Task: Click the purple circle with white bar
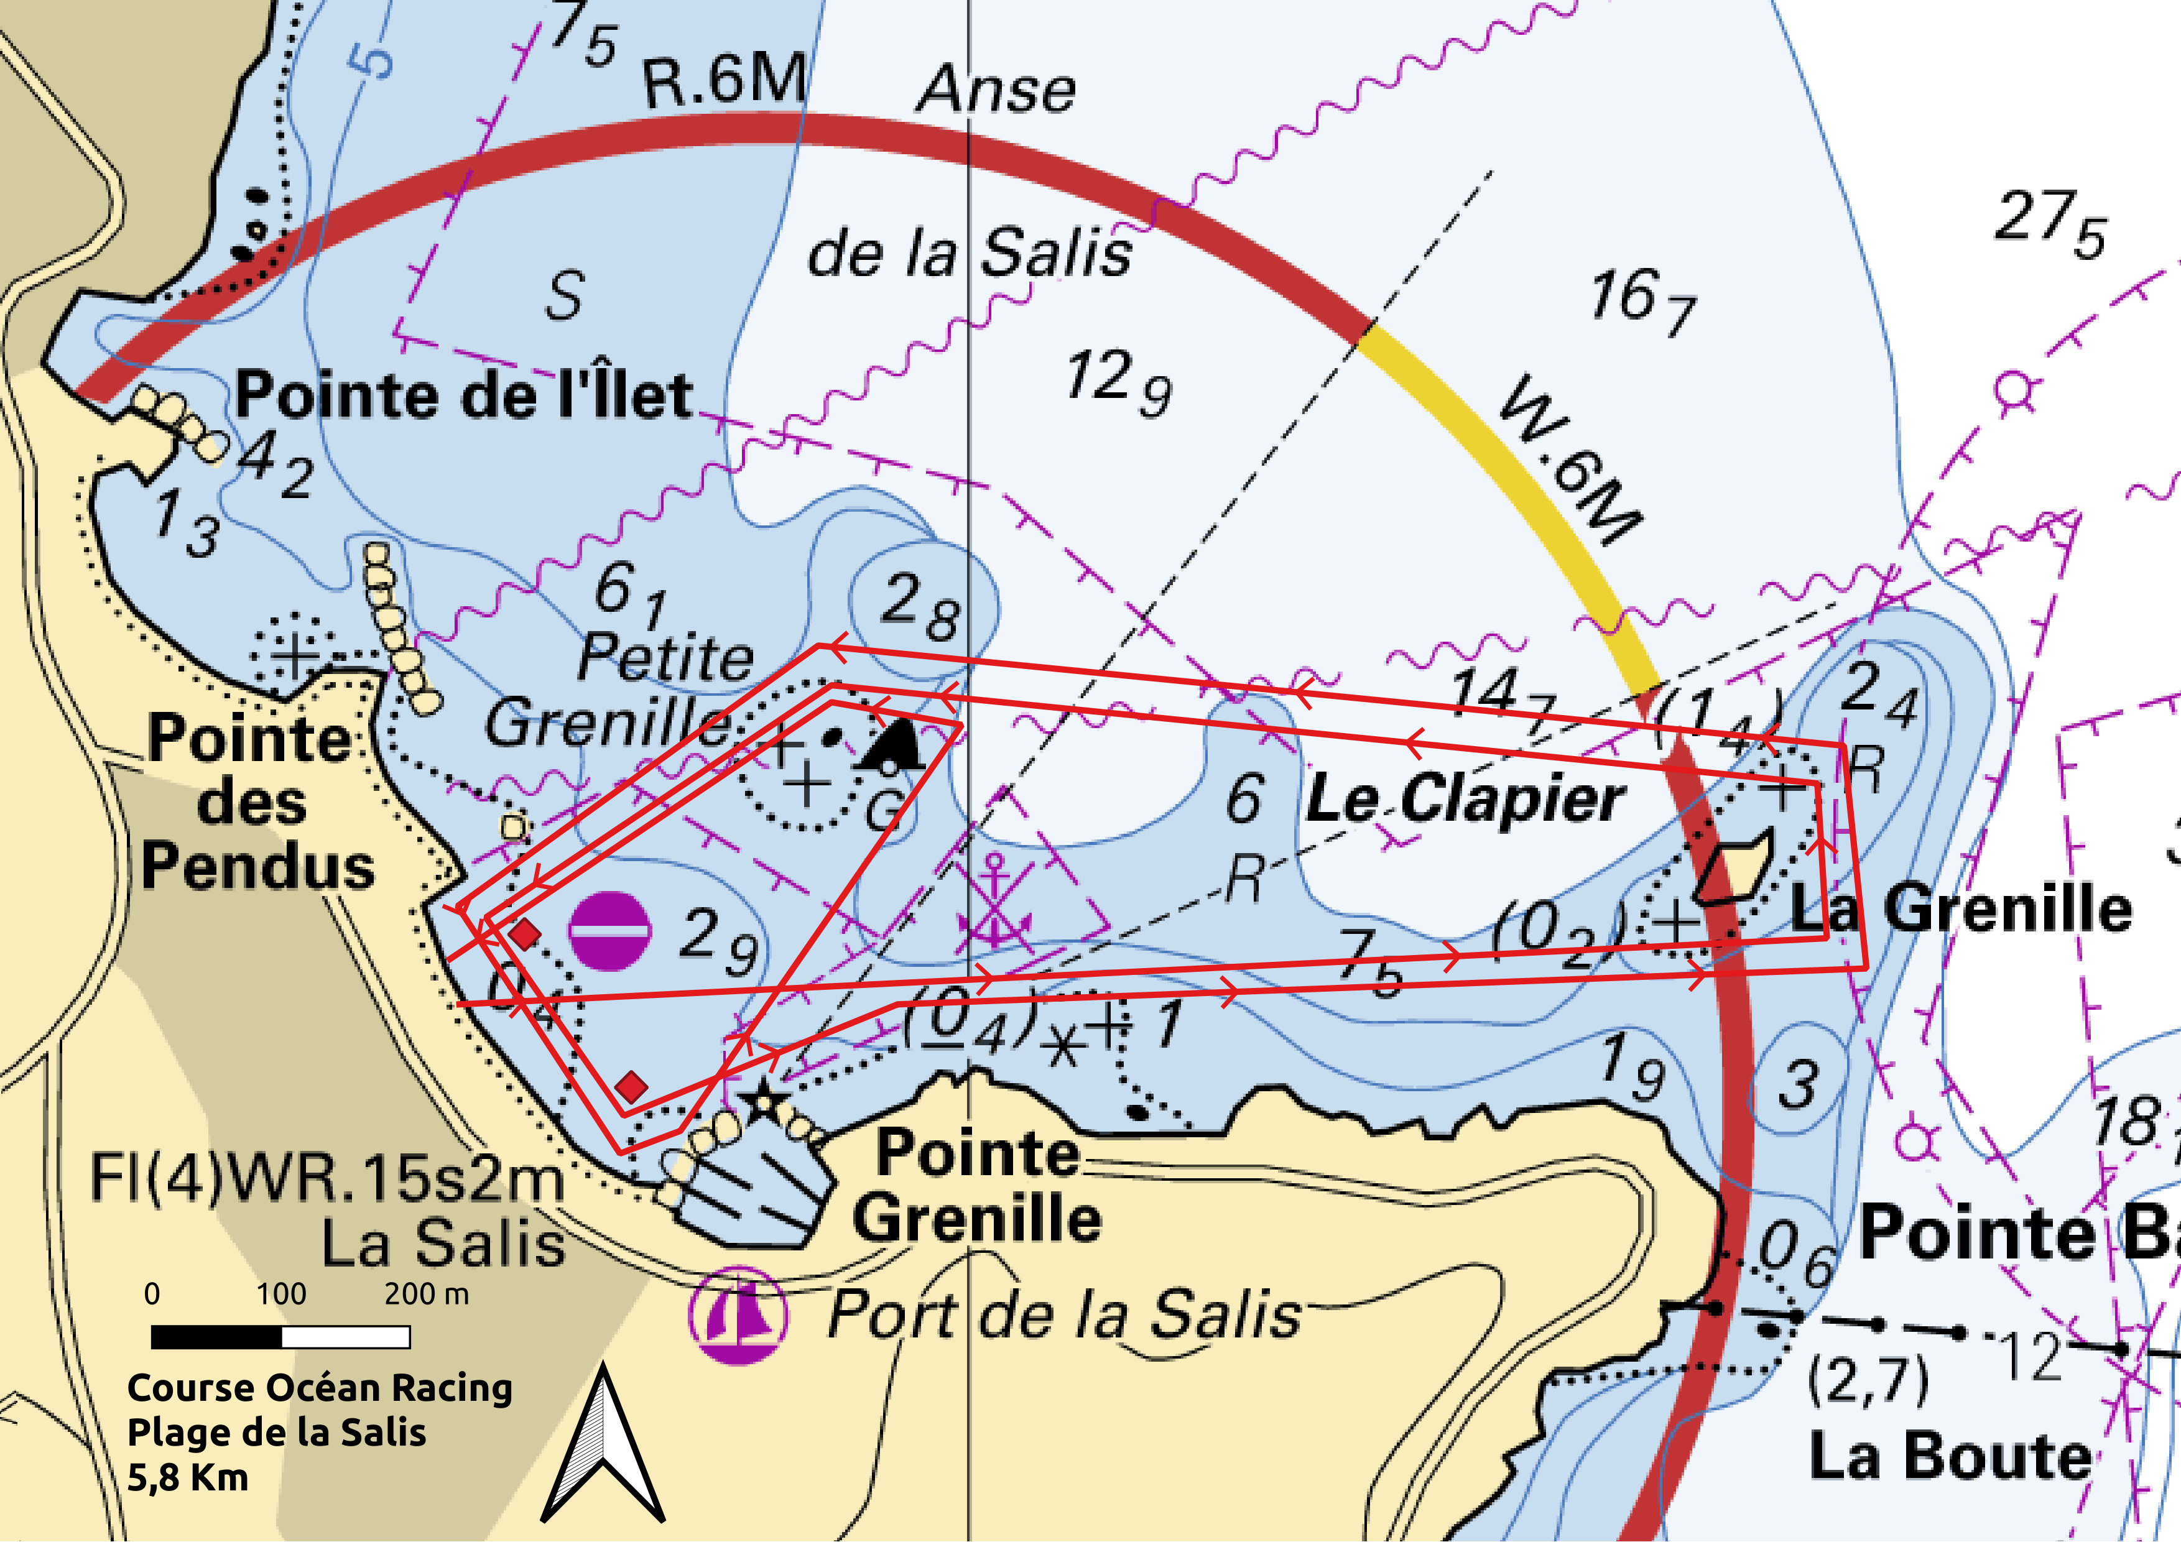point(610,931)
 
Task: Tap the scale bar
point(280,1337)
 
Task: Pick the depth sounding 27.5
point(2050,224)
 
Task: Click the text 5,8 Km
point(188,1477)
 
